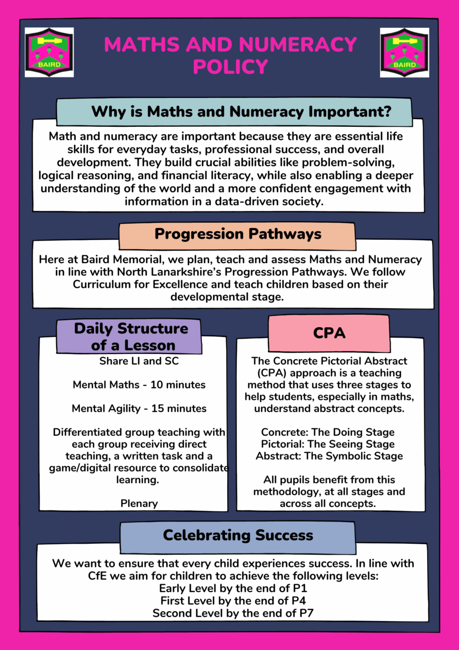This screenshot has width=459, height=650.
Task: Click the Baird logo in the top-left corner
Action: point(49,52)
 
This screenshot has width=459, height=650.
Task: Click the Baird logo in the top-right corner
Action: point(404,52)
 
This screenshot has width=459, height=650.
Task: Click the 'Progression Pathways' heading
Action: point(237,234)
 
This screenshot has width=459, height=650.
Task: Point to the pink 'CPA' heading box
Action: point(329,333)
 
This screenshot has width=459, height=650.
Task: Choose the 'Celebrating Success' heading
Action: point(237,535)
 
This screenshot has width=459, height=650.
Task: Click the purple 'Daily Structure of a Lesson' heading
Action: point(131,336)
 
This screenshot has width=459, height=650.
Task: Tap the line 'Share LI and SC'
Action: point(139,361)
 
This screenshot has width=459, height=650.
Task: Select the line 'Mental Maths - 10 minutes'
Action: point(139,385)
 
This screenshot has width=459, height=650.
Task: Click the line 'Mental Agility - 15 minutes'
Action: point(139,409)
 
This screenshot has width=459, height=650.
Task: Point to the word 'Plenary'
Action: point(139,503)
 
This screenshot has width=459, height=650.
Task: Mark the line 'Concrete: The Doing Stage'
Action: point(328,432)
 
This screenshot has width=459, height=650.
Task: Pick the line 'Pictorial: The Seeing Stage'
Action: point(328,444)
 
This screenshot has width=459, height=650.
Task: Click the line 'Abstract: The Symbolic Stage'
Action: point(329,456)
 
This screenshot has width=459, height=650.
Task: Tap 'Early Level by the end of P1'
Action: point(233,589)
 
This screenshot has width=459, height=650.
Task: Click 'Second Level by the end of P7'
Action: point(233,613)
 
